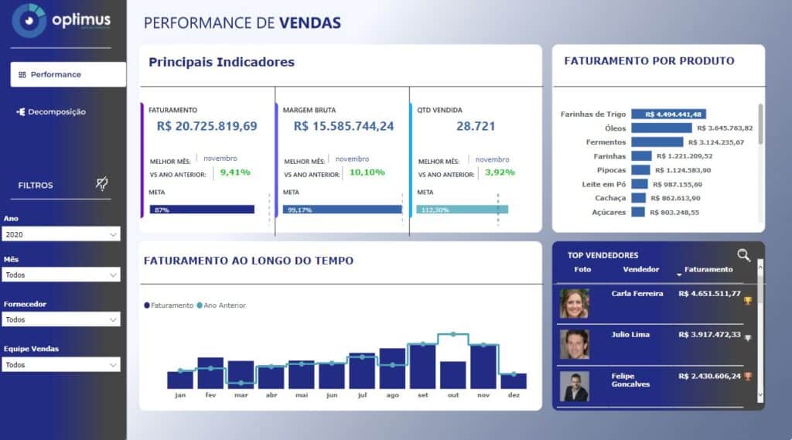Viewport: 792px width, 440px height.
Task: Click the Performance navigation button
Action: (x=68, y=74)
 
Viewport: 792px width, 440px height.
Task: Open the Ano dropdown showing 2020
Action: (x=61, y=234)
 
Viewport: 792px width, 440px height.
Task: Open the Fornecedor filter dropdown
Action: (x=61, y=319)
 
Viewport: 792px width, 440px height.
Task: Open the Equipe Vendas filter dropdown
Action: (x=61, y=364)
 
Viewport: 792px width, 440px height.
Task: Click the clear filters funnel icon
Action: (x=101, y=183)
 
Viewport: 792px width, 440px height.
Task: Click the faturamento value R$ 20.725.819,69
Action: (x=207, y=126)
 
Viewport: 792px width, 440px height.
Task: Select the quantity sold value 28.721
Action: (x=476, y=126)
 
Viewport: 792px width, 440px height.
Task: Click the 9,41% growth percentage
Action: (x=235, y=172)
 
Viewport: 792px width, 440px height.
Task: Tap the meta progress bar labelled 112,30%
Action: (x=462, y=210)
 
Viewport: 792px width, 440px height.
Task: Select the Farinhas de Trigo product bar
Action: (x=668, y=114)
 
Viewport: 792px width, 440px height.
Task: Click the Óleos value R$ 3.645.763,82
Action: (x=725, y=128)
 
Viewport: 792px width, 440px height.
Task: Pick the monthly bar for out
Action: (x=453, y=374)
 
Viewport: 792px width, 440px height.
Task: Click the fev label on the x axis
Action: (x=210, y=395)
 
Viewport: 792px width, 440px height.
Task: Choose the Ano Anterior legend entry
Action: (x=224, y=305)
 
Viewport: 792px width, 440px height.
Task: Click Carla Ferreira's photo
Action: (x=575, y=303)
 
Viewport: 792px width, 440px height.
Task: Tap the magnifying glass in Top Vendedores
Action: (x=743, y=255)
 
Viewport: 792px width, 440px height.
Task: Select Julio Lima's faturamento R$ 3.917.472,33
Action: (x=709, y=335)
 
